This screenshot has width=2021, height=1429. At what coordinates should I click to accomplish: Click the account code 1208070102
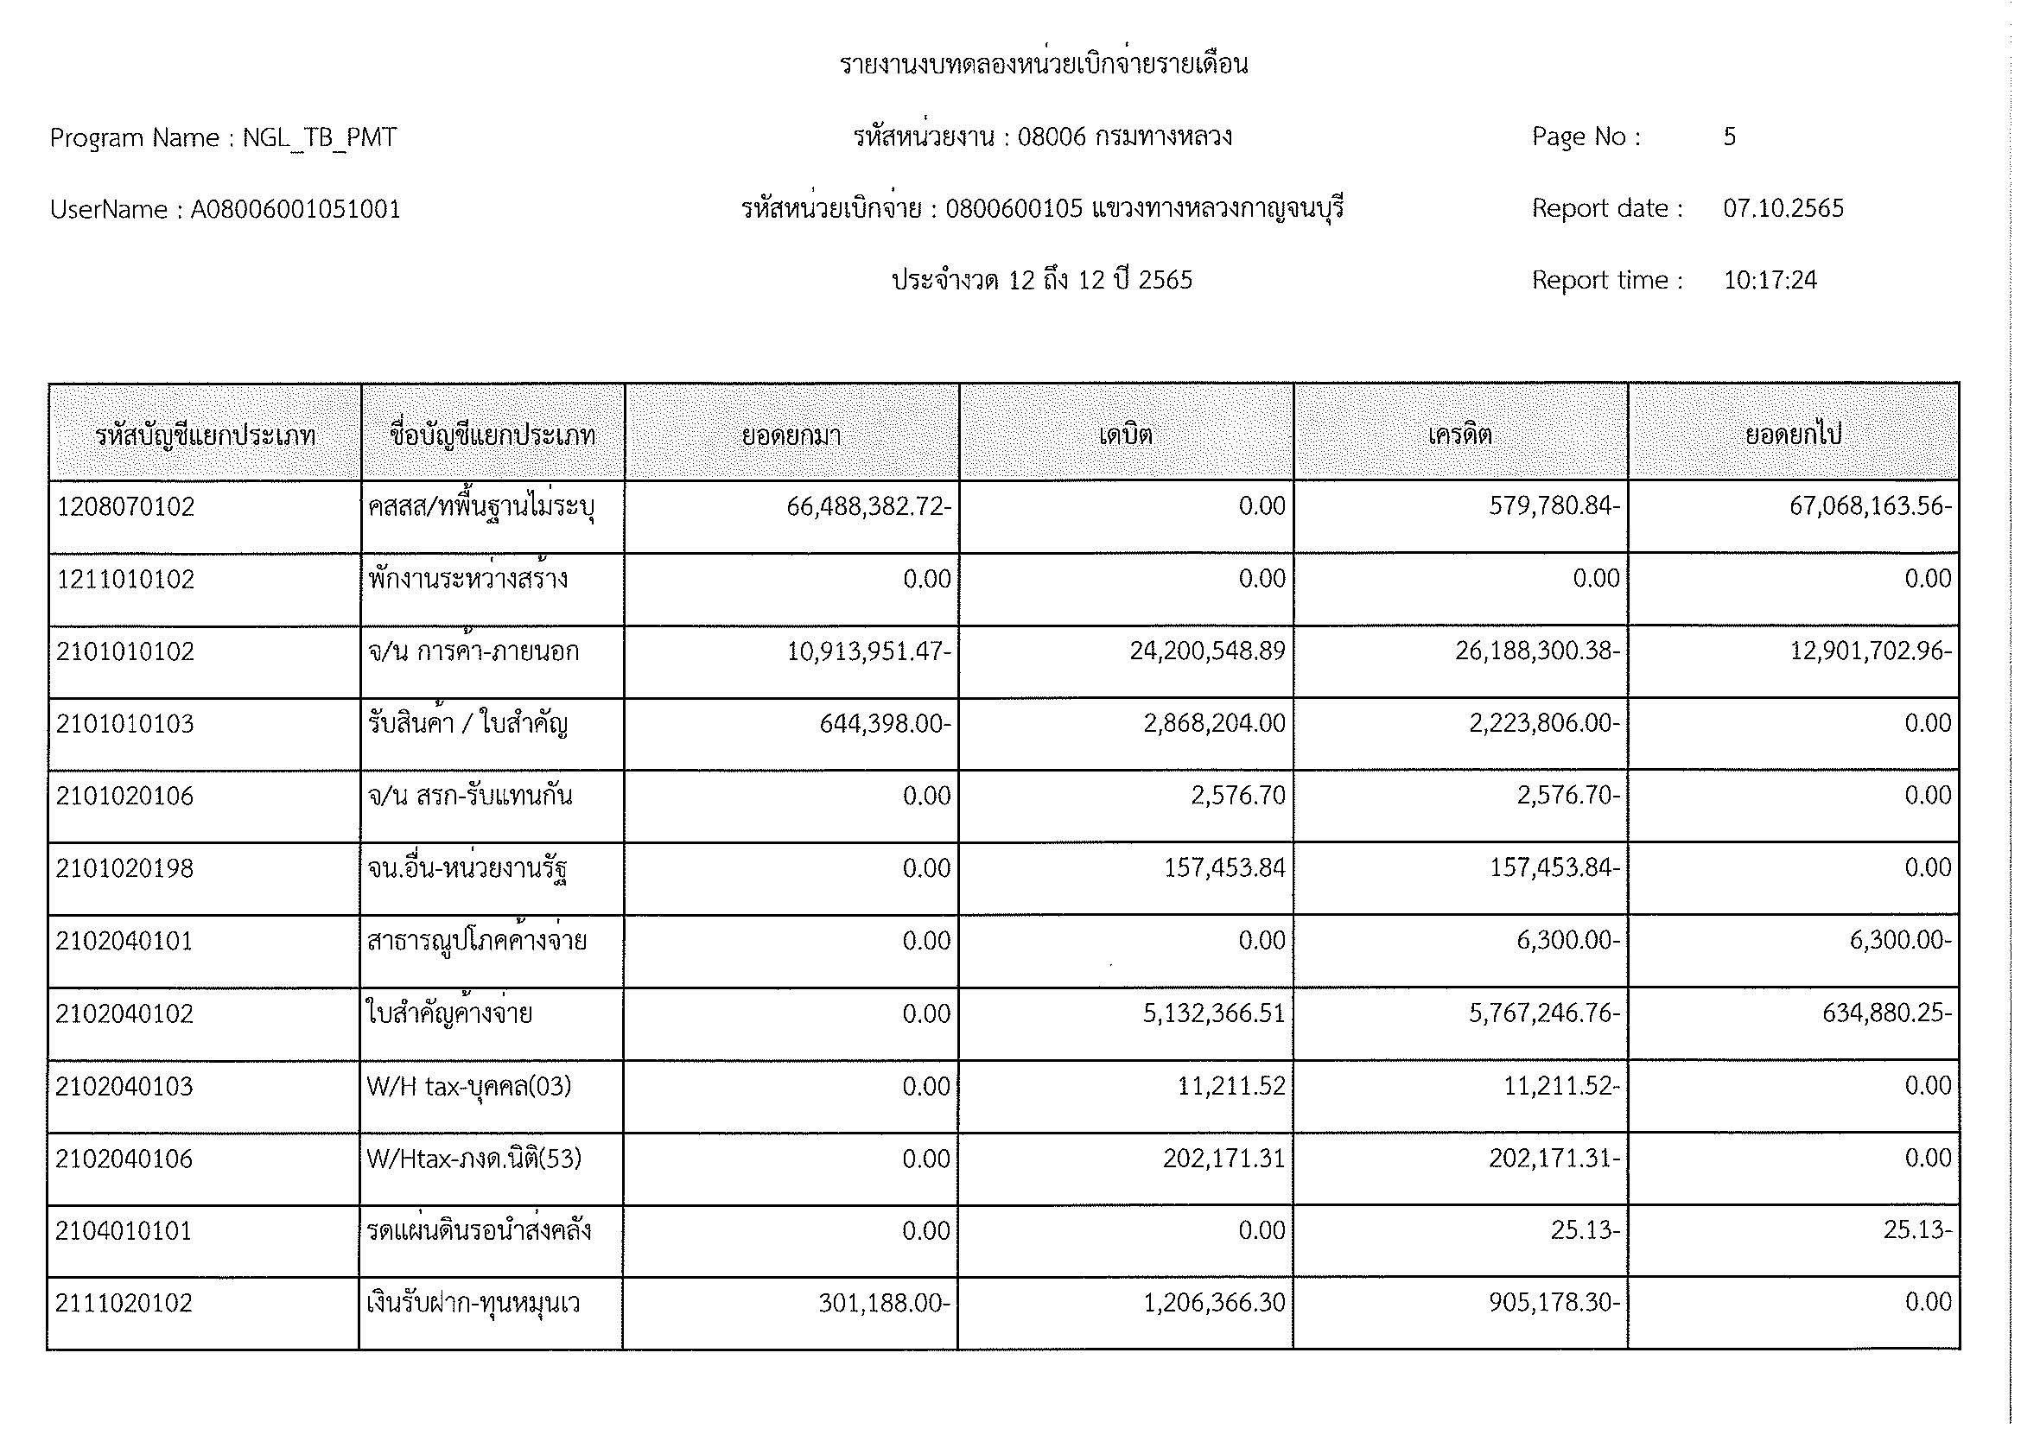pos(125,507)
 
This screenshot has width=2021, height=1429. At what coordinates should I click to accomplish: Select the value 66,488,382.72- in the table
pos(868,507)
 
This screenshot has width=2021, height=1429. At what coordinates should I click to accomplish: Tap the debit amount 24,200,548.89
pos(1207,651)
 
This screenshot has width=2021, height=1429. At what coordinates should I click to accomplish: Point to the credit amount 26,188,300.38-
pos(1537,651)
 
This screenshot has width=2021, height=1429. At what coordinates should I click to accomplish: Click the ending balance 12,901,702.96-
pos(1871,651)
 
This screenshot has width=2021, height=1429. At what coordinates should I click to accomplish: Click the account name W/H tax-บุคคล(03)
pos(469,1087)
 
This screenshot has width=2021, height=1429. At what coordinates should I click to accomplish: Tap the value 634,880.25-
pos(1886,1013)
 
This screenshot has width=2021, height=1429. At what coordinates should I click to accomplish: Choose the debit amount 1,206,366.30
pos(1214,1303)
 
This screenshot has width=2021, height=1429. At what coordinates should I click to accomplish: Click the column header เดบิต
pos(1125,435)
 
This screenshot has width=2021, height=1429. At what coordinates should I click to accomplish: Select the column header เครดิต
pos(1459,435)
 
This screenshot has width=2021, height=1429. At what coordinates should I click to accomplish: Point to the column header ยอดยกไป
pos(1793,435)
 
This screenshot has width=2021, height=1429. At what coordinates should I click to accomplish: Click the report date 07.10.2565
pos(1783,208)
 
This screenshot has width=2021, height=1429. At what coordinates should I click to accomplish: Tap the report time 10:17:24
pos(1770,280)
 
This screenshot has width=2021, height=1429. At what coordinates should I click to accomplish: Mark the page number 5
pos(1729,137)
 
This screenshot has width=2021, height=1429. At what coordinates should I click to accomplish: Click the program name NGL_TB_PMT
pos(320,138)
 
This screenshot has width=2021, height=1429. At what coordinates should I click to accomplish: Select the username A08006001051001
pos(295,209)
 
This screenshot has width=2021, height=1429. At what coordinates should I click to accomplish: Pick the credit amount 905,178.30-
pos(1554,1303)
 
